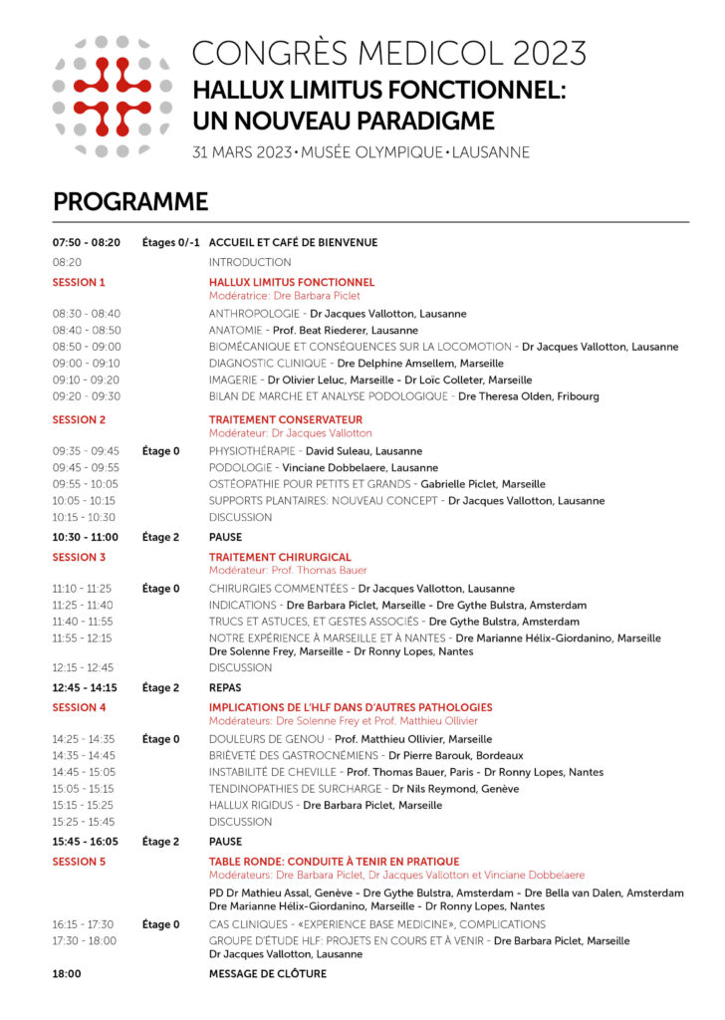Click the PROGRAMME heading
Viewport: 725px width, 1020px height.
click(130, 202)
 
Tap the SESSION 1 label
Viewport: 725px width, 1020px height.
click(79, 283)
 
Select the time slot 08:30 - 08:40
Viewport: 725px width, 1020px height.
click(87, 314)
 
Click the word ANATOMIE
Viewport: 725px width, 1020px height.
click(235, 330)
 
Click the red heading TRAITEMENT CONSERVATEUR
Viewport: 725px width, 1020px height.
click(286, 420)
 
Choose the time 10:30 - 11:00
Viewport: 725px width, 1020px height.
click(87, 537)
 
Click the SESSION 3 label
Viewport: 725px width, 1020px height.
click(79, 558)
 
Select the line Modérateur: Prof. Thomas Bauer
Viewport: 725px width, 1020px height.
click(288, 571)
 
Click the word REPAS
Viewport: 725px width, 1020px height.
click(225, 687)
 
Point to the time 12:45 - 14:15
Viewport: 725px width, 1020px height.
click(86, 687)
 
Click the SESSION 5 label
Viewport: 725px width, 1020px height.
click(79, 862)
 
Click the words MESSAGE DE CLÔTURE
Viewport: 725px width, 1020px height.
click(267, 974)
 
